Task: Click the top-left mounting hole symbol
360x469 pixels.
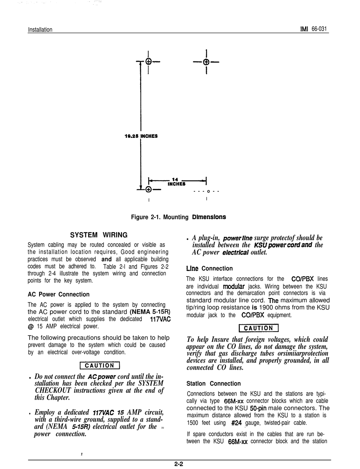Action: (x=149, y=61)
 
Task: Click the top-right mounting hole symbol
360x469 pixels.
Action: (x=206, y=62)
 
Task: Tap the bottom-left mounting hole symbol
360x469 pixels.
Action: (x=149, y=189)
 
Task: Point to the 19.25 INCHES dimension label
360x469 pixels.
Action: (x=141, y=136)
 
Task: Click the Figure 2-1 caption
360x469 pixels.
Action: (x=178, y=217)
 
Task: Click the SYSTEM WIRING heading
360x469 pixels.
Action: (x=99, y=235)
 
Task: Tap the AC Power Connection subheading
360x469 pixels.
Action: (x=59, y=294)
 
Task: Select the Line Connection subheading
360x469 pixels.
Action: (x=209, y=269)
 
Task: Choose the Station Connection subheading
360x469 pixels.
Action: (x=214, y=384)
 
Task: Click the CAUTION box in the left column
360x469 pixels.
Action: (x=100, y=366)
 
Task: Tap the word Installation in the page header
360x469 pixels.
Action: (x=40, y=30)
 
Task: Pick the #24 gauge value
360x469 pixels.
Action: (x=236, y=423)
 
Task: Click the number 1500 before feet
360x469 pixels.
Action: (x=194, y=423)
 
